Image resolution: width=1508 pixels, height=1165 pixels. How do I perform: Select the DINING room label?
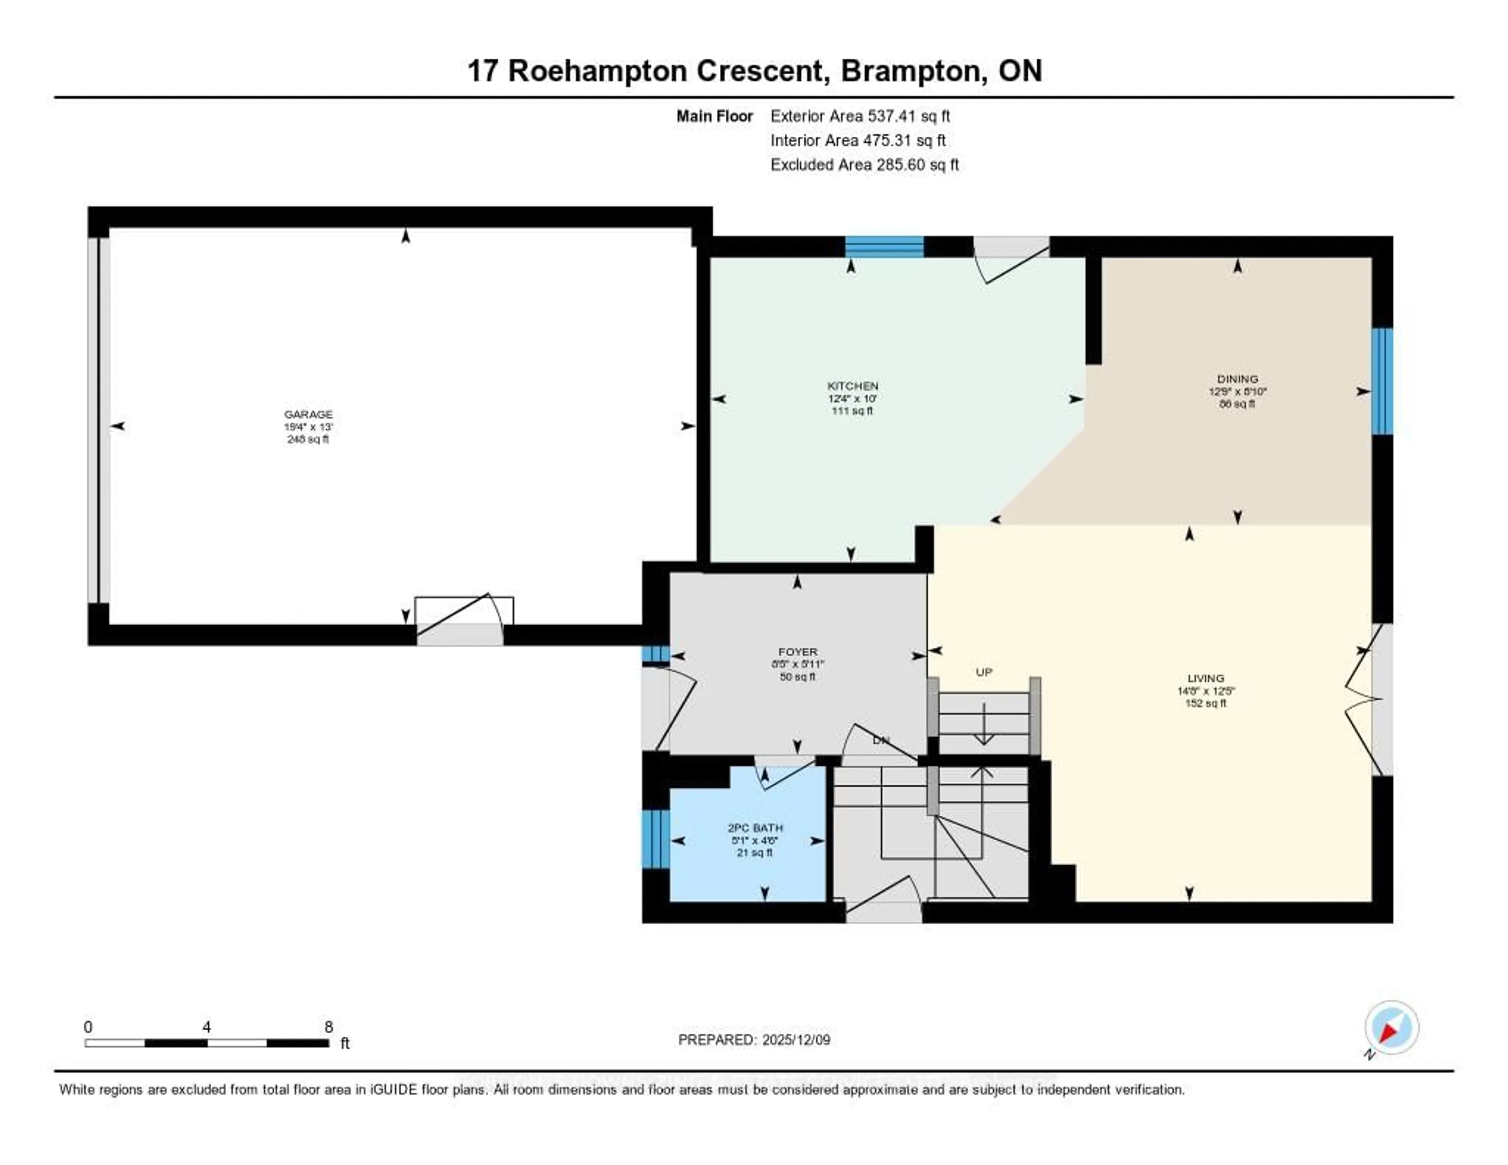pos(1237,378)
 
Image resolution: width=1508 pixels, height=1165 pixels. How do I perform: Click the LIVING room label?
pos(1206,678)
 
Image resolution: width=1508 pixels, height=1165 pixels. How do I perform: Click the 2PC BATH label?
pos(755,827)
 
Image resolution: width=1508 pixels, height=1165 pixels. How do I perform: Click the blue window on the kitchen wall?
pos(884,247)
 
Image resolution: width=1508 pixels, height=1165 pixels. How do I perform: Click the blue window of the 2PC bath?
pos(655,839)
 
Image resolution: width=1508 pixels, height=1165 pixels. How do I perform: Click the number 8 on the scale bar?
pos(329,1027)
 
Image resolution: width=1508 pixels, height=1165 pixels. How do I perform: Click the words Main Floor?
pos(714,116)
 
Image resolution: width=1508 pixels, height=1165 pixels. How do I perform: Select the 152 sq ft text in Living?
pos(1206,703)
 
